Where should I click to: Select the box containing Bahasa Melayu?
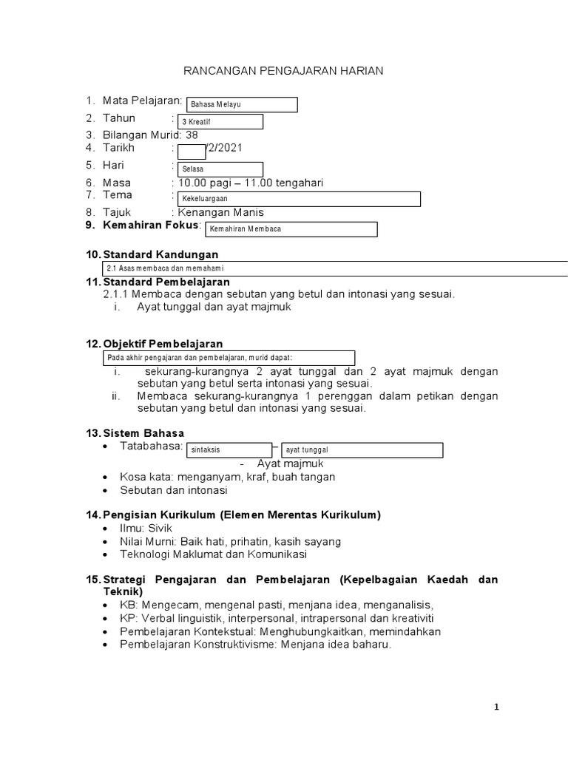[241, 105]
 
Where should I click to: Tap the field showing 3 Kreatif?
[220, 121]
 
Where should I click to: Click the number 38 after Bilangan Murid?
[192, 135]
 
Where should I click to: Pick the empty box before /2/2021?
[192, 152]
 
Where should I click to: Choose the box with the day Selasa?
[220, 169]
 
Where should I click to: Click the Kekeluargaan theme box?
[299, 199]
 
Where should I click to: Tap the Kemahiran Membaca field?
[290, 229]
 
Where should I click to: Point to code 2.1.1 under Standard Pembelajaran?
[117, 294]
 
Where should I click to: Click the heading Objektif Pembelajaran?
[163, 344]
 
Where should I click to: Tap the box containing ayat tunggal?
[362, 449]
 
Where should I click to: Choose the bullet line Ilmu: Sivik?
[141, 529]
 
